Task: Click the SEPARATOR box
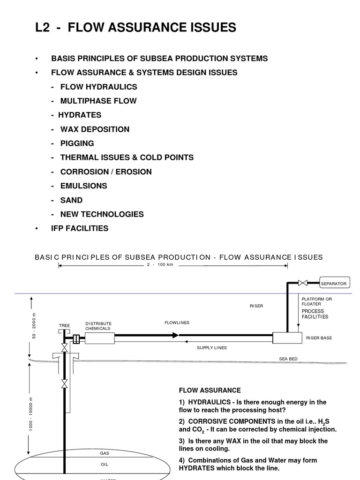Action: click(333, 283)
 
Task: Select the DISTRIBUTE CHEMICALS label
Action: click(98, 326)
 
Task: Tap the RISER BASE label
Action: click(319, 337)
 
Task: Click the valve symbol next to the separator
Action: click(303, 283)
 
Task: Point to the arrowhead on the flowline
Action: click(175, 335)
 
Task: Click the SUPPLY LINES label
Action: click(211, 348)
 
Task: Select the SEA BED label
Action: click(288, 359)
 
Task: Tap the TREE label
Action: click(64, 325)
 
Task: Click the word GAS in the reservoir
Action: click(105, 453)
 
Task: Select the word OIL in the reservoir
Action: click(105, 465)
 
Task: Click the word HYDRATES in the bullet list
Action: click(80, 115)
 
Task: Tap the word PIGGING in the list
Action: click(77, 143)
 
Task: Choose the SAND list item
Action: click(71, 200)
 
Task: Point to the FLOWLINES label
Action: click(177, 322)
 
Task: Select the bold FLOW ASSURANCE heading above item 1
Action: click(210, 390)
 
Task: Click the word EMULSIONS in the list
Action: click(83, 186)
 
